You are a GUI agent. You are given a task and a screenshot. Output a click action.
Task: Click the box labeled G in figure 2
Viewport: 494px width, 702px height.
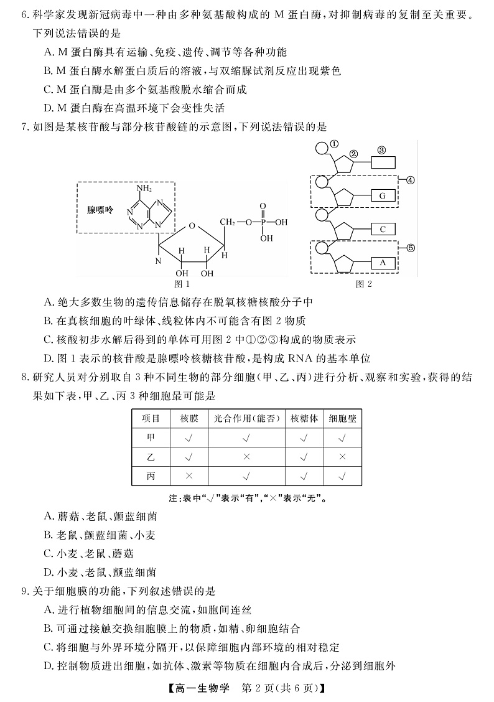click(383, 196)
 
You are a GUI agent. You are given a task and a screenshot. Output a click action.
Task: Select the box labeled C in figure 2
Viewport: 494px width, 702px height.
click(383, 229)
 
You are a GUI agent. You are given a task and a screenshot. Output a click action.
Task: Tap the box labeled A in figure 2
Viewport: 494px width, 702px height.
click(383, 263)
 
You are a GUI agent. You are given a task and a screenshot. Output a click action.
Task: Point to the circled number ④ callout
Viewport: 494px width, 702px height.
click(411, 180)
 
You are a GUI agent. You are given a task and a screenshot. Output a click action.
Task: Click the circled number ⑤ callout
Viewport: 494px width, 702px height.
click(411, 248)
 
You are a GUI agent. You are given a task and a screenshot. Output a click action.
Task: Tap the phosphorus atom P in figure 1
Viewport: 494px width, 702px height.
click(262, 221)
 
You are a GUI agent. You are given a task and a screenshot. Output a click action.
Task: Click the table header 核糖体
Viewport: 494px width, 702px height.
click(304, 419)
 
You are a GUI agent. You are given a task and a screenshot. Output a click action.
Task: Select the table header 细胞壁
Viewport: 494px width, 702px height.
click(342, 419)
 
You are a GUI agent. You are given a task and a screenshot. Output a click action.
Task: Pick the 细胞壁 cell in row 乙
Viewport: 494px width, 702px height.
click(342, 457)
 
